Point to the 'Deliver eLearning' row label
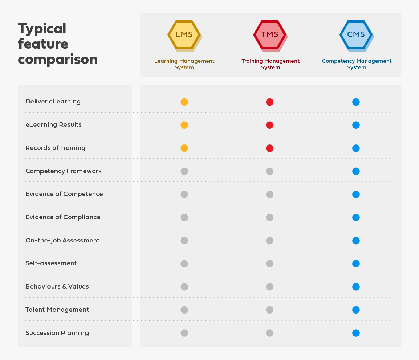coord(53,102)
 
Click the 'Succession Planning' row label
coord(57,333)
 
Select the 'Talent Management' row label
coord(57,310)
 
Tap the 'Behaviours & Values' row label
coord(57,287)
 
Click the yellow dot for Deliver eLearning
coord(184,102)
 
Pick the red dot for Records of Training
coord(270,148)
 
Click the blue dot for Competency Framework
coord(356,171)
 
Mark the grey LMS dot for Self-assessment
coord(184,263)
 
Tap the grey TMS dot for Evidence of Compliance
coord(270,217)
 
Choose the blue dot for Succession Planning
coord(356,333)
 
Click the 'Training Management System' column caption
coord(270,64)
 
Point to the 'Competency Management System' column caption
coord(357,64)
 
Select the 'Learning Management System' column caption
coord(184,64)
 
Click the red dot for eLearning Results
coord(270,125)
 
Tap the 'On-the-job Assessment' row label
coord(62,240)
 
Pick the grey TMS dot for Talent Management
coord(270,310)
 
